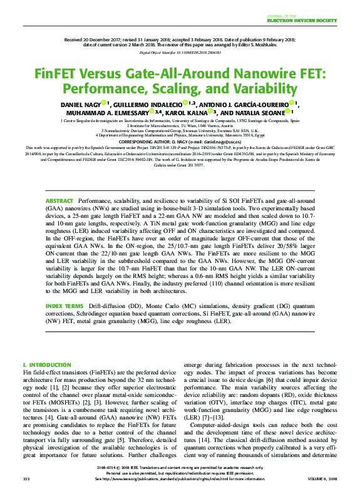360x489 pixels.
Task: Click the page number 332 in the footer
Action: tap(26, 478)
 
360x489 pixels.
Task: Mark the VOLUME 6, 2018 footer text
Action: tap(324, 478)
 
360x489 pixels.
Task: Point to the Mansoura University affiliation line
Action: tap(180, 135)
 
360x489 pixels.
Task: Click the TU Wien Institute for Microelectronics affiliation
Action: tap(180, 125)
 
